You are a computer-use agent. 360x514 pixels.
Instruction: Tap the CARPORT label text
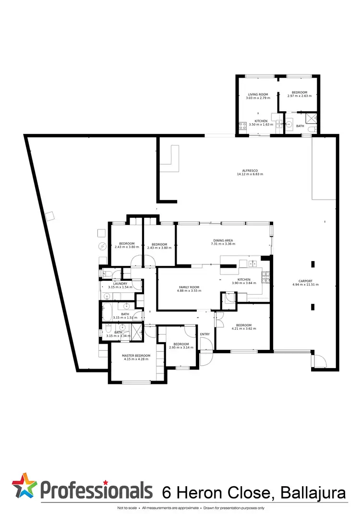[305, 281]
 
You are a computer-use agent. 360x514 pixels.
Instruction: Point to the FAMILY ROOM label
[188, 287]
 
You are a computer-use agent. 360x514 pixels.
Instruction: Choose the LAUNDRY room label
[120, 283]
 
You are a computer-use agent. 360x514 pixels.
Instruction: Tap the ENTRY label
[205, 334]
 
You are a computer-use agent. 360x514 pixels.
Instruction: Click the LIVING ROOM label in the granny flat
[258, 95]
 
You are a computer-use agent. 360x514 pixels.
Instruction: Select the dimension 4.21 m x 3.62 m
[244, 329]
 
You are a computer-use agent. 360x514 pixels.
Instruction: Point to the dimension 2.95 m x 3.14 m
[180, 347]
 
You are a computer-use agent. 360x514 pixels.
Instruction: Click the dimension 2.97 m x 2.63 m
[299, 96]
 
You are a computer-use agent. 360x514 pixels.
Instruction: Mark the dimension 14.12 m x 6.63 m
[250, 174]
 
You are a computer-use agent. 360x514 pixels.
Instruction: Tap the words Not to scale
[127, 508]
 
